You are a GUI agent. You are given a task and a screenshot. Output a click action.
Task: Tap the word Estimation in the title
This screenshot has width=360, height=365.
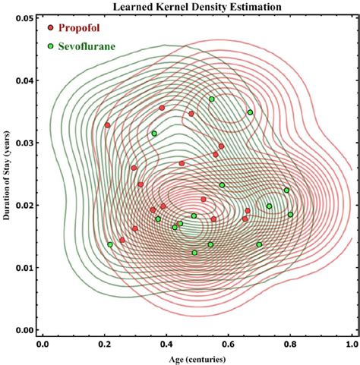[x=241, y=7]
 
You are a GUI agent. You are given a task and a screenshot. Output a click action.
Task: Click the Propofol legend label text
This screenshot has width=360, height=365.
[x=86, y=27]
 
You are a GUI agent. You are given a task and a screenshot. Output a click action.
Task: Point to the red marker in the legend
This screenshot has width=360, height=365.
[x=51, y=27]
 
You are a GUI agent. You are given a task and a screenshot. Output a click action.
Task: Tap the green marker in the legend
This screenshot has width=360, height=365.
[x=51, y=46]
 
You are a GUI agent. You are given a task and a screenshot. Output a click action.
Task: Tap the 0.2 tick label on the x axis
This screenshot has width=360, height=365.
[x=104, y=343]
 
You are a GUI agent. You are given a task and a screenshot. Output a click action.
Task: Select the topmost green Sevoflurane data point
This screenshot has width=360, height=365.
[x=212, y=99]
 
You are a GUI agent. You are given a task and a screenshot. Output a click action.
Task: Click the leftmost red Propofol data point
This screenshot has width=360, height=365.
[x=107, y=125]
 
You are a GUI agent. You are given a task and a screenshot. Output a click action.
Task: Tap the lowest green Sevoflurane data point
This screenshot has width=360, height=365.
[x=194, y=253]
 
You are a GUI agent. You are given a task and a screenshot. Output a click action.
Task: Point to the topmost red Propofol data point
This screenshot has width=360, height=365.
[x=162, y=108]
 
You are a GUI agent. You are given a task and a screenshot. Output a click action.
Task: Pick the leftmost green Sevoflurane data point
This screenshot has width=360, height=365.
[x=110, y=244]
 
